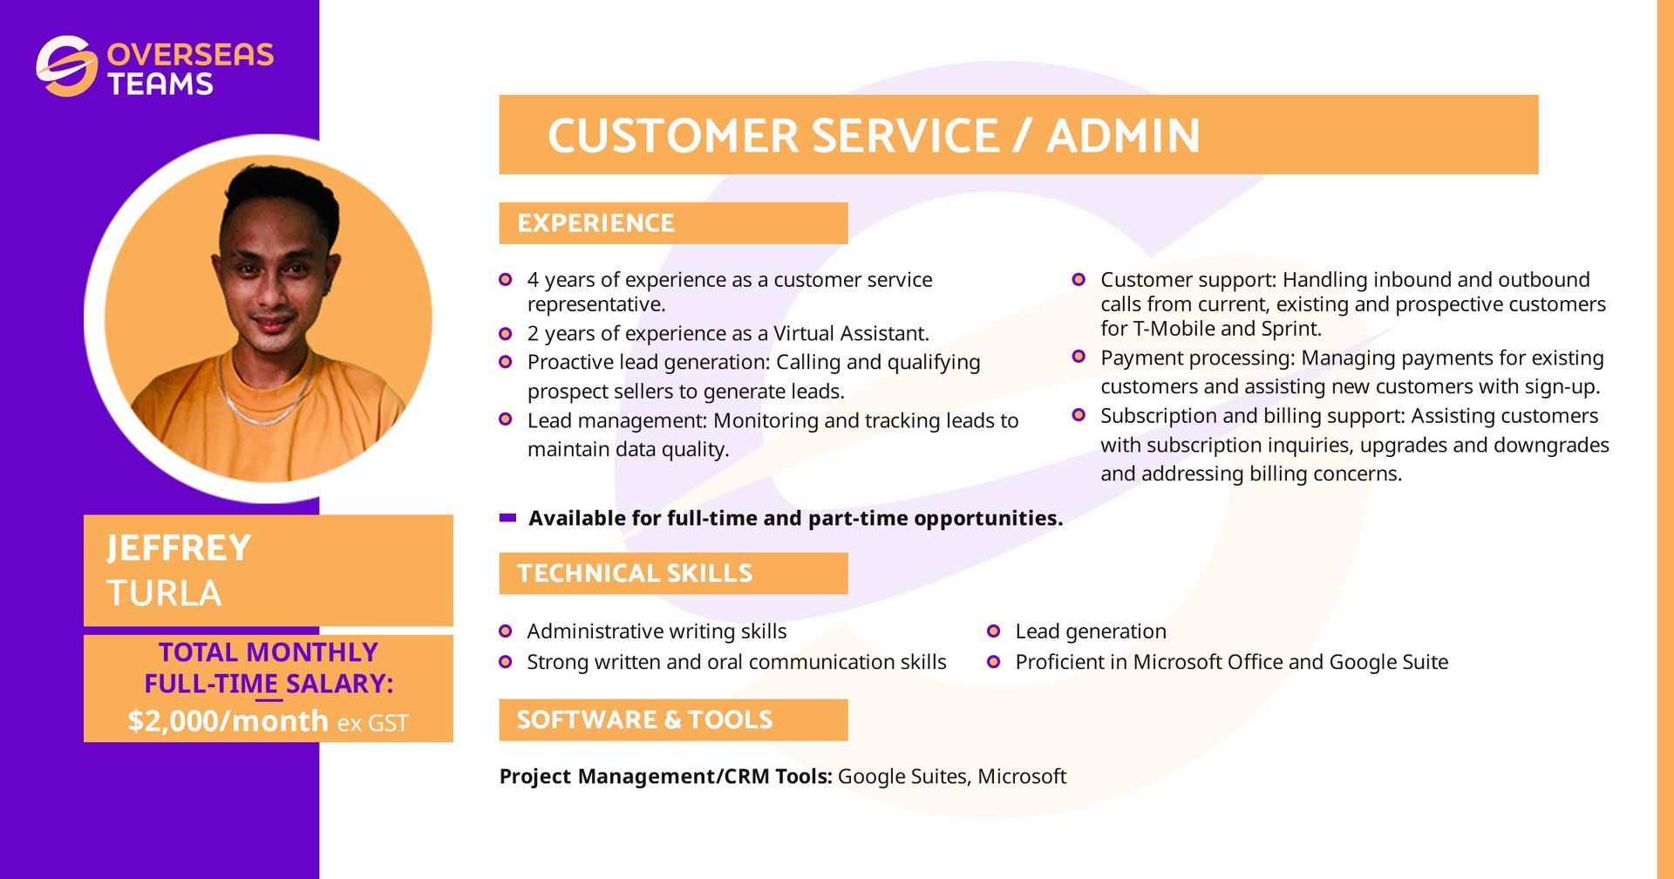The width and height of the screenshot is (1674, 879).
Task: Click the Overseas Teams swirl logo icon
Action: tap(66, 66)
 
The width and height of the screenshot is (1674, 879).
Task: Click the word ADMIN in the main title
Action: tap(1123, 136)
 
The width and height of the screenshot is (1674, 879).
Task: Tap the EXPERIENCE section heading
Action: tap(595, 223)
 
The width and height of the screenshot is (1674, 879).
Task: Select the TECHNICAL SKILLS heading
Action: tap(634, 574)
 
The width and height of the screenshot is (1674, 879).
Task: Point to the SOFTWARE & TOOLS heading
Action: tap(644, 720)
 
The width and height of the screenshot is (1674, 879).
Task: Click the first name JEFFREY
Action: tap(179, 549)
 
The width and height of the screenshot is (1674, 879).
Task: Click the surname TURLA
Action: tap(164, 594)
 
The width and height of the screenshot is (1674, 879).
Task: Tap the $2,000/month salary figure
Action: tap(228, 721)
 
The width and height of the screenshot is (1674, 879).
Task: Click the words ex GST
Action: tap(372, 724)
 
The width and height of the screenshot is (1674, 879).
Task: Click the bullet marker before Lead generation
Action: tap(993, 631)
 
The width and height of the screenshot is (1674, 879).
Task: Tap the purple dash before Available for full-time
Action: tap(507, 518)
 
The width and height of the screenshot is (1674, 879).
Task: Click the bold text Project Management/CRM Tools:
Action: tap(665, 777)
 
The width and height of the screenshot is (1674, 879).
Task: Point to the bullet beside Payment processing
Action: tap(1079, 357)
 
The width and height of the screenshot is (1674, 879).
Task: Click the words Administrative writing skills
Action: tap(657, 631)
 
